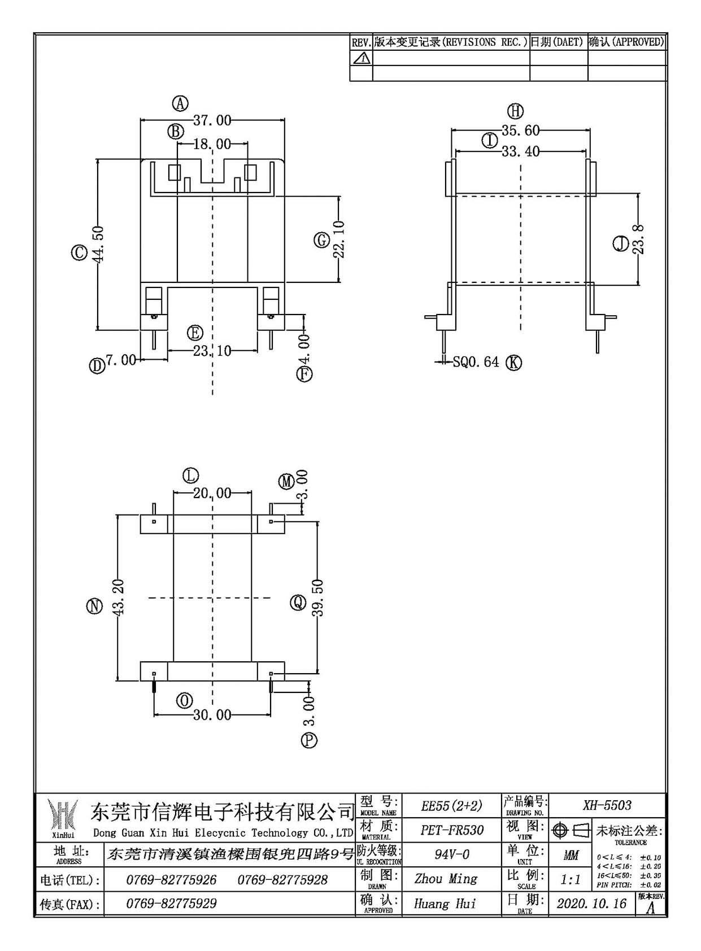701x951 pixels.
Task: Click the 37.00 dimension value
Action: (212, 121)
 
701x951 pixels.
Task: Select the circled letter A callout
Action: (180, 103)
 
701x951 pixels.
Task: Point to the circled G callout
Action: (321, 241)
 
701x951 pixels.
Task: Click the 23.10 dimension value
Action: (212, 351)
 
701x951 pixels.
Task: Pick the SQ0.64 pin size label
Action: (476, 362)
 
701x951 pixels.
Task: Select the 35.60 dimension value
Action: (521, 130)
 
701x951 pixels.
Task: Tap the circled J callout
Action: (621, 244)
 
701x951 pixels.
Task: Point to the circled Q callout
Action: (298, 602)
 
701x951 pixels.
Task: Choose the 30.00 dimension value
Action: (212, 715)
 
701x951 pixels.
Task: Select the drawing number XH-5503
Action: (607, 805)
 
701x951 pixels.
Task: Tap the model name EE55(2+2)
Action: (452, 805)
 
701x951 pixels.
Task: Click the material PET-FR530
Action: (452, 830)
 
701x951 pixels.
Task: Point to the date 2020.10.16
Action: (591, 903)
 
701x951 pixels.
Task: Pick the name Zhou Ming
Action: (446, 878)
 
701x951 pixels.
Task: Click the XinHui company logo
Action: (62, 815)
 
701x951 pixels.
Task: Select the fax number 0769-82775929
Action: (172, 904)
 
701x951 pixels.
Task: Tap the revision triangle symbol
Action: (360, 58)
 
